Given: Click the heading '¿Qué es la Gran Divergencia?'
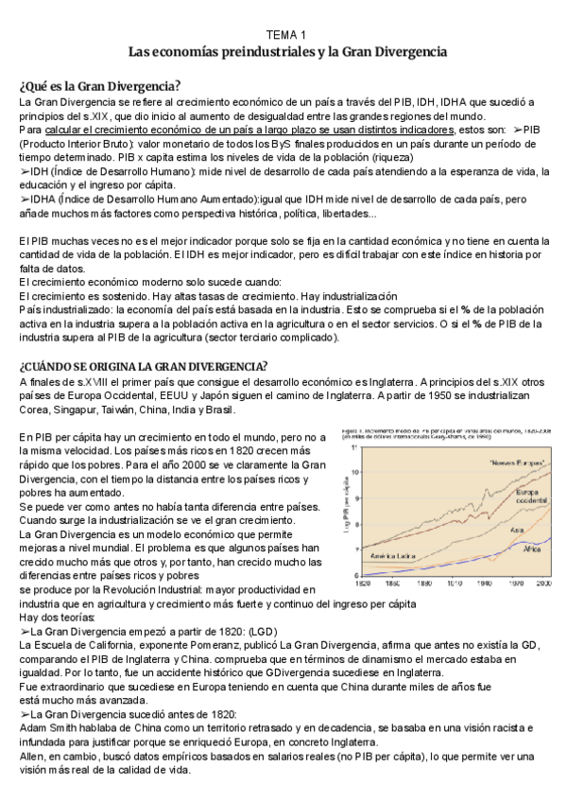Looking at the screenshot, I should click(100, 86).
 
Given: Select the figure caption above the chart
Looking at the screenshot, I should click(444, 436).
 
